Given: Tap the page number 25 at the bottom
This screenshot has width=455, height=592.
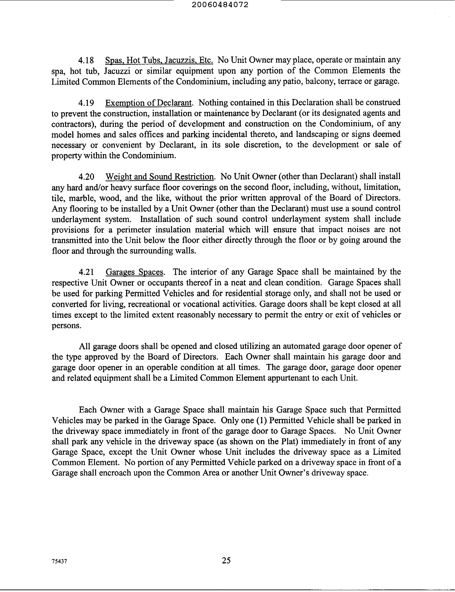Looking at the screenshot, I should click(x=226, y=560).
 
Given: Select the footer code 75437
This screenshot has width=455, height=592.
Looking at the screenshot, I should click(x=59, y=561).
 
